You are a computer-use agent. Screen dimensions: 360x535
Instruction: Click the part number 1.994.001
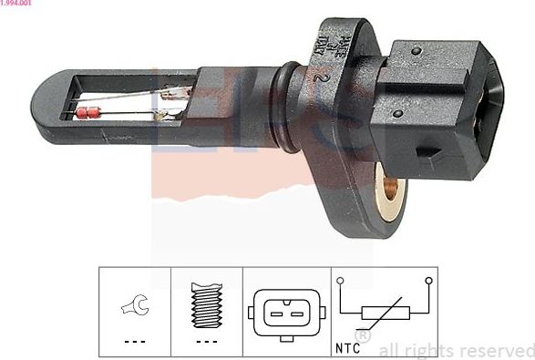point(18,5)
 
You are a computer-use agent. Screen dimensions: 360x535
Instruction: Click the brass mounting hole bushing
point(392,190)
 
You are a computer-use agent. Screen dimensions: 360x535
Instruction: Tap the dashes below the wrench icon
point(135,342)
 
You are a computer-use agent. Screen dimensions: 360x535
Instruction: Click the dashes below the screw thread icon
point(207,342)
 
